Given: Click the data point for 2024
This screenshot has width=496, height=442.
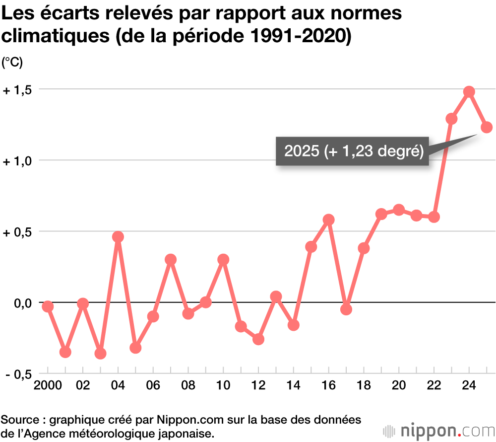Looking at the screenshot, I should point(469,92).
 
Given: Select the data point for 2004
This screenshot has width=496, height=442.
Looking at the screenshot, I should point(118,237).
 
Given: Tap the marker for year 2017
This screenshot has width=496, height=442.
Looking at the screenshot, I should point(346,309).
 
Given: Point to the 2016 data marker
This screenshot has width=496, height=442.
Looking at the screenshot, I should point(328,220).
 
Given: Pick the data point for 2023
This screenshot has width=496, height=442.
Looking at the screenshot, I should point(451,119).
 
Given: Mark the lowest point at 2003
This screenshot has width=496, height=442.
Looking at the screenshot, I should point(101,354).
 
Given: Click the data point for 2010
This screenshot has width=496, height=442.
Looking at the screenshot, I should point(223,259).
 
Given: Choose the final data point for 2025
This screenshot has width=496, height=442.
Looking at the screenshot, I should point(487,127).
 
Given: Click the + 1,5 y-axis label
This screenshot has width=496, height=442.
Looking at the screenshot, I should point(17,90).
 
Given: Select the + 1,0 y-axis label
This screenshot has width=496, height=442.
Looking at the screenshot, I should point(17,161).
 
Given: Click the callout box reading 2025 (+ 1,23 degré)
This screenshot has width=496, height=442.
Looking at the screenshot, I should point(353,151).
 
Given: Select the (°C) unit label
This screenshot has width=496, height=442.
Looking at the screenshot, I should point(12,63).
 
